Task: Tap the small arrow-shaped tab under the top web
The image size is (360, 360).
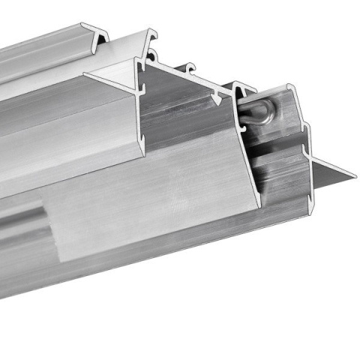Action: (x=217, y=96)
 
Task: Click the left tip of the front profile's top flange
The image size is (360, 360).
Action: (x=85, y=73)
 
